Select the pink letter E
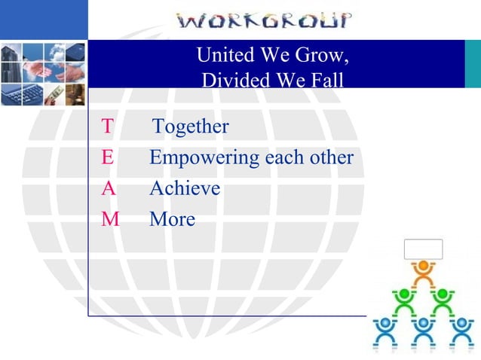tap(107, 158)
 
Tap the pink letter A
tap(108, 188)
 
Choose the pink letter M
tap(109, 219)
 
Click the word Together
tap(191, 127)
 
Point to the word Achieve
tap(185, 188)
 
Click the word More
tap(172, 219)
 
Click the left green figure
tap(405, 301)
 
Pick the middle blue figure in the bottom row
tap(424, 331)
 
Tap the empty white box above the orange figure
tap(423, 249)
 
